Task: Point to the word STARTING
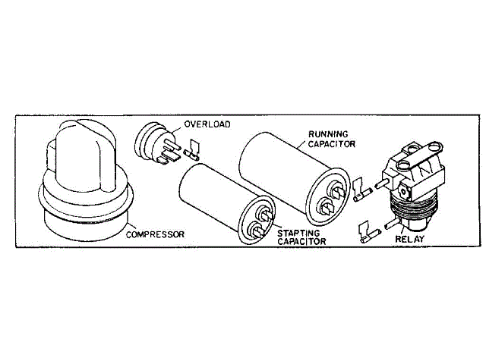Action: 298,232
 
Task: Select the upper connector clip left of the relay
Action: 359,187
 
